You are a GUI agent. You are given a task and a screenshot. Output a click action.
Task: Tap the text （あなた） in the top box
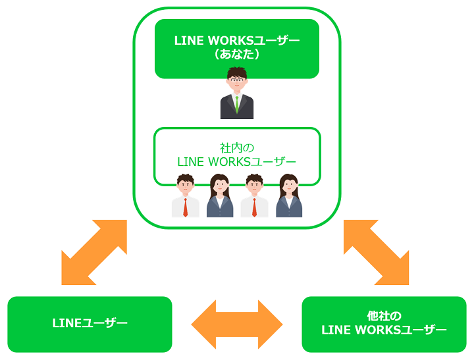click(237, 55)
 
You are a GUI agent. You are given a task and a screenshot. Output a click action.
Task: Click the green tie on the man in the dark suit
click(237, 104)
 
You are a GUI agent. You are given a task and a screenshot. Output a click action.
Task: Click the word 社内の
click(237, 147)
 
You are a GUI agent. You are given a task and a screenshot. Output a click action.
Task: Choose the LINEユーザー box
click(90, 323)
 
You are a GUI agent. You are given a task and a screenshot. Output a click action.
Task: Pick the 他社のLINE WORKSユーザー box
click(384, 323)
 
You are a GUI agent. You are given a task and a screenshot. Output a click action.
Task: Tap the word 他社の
click(384, 316)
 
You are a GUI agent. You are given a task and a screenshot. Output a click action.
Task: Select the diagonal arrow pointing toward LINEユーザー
click(93, 252)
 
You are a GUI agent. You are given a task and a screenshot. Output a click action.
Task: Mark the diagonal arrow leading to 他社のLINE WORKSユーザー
click(376, 252)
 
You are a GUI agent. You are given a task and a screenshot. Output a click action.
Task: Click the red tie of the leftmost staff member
click(186, 207)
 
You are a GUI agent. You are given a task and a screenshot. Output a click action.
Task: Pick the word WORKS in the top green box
click(233, 41)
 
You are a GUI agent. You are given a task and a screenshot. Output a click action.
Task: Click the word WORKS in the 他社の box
click(380, 330)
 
